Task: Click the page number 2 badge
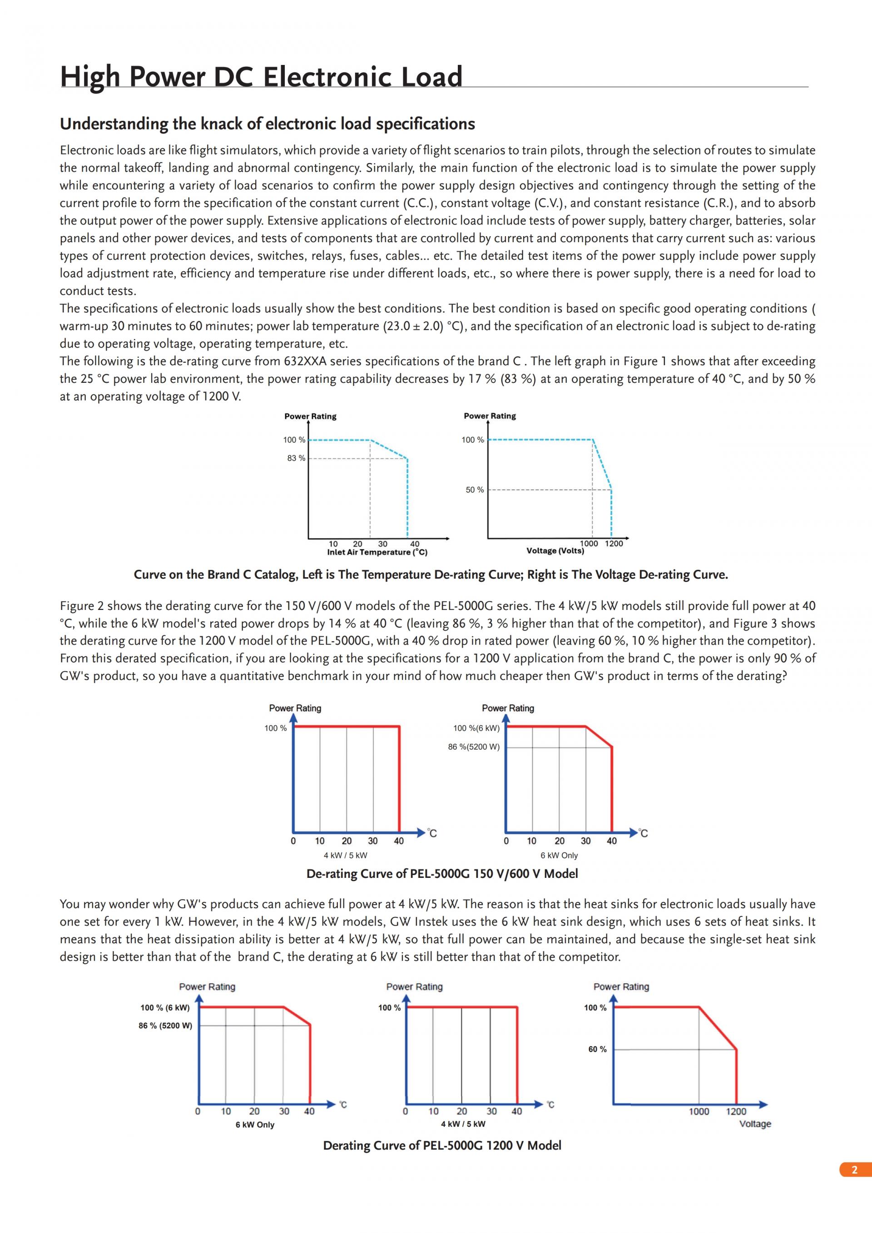(854, 1169)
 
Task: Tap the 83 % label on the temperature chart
(296, 458)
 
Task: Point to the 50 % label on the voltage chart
(474, 490)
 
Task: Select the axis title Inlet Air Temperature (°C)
(377, 552)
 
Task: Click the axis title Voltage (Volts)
(555, 550)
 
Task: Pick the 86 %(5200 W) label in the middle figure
(474, 747)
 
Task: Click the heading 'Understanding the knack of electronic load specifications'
(268, 124)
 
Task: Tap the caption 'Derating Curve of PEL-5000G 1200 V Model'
(442, 1145)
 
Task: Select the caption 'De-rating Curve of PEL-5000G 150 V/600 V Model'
(442, 874)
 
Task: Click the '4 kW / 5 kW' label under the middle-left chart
(345, 856)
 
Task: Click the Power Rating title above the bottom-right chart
(621, 986)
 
